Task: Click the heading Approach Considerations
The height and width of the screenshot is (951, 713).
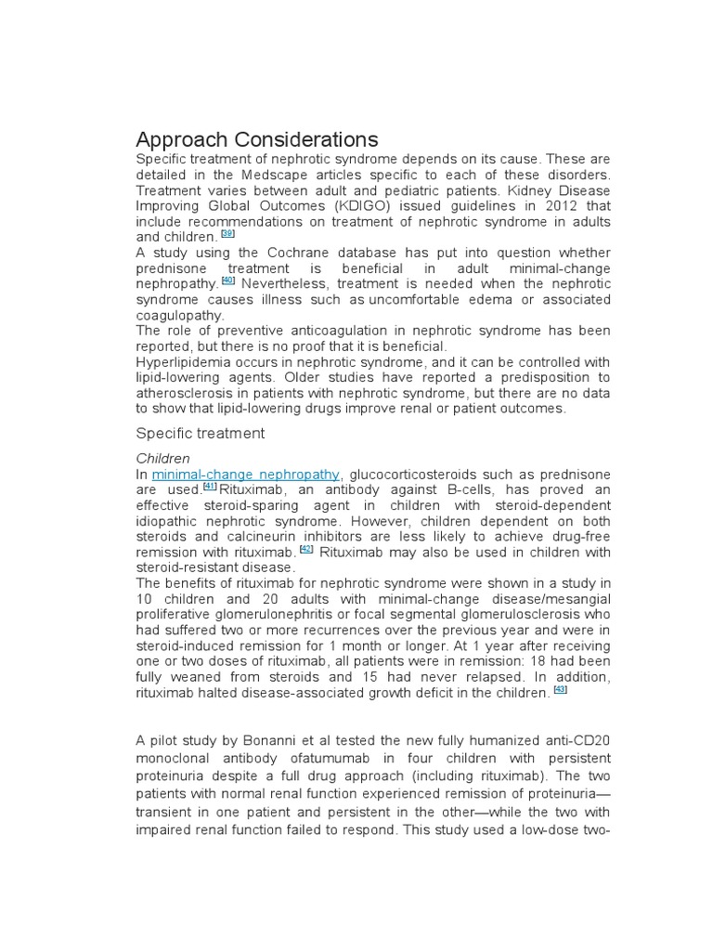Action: [x=257, y=140]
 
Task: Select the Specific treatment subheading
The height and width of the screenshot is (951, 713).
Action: [x=201, y=433]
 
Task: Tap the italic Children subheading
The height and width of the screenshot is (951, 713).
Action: [x=163, y=458]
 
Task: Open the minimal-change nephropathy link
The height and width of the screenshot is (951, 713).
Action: [x=246, y=475]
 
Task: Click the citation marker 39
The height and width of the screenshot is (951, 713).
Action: [x=227, y=234]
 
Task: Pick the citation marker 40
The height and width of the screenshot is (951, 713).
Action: [x=228, y=280]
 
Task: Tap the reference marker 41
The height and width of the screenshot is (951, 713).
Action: [x=210, y=487]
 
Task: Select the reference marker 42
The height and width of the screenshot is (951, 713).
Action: [x=307, y=548]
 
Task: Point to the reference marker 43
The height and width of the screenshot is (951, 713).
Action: [x=560, y=689]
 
